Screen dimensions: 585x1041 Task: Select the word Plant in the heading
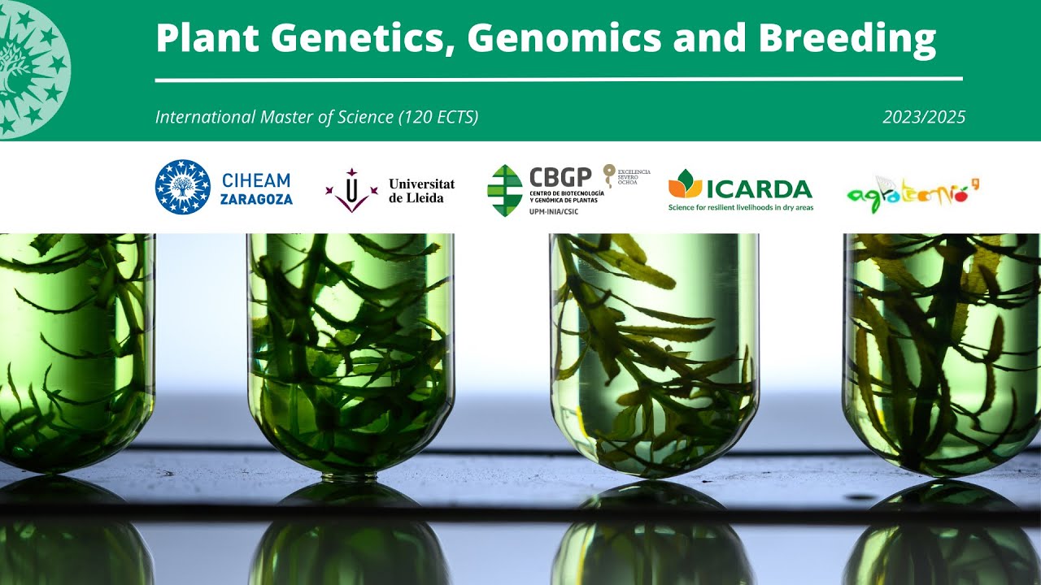coord(207,37)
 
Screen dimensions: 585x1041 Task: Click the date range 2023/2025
coord(924,117)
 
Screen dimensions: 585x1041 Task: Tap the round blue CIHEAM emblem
coord(182,187)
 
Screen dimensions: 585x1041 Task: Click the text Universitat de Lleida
coord(421,190)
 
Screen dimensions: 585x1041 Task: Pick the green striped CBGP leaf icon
coord(504,190)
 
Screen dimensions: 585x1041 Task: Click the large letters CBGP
coord(561,178)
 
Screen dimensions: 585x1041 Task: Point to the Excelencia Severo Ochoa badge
coord(625,176)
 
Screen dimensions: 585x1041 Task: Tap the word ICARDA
coord(759,189)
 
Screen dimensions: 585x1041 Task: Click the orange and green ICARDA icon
coord(685,184)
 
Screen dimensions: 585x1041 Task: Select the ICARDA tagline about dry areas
coord(740,207)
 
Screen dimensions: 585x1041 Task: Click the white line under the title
coord(559,80)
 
